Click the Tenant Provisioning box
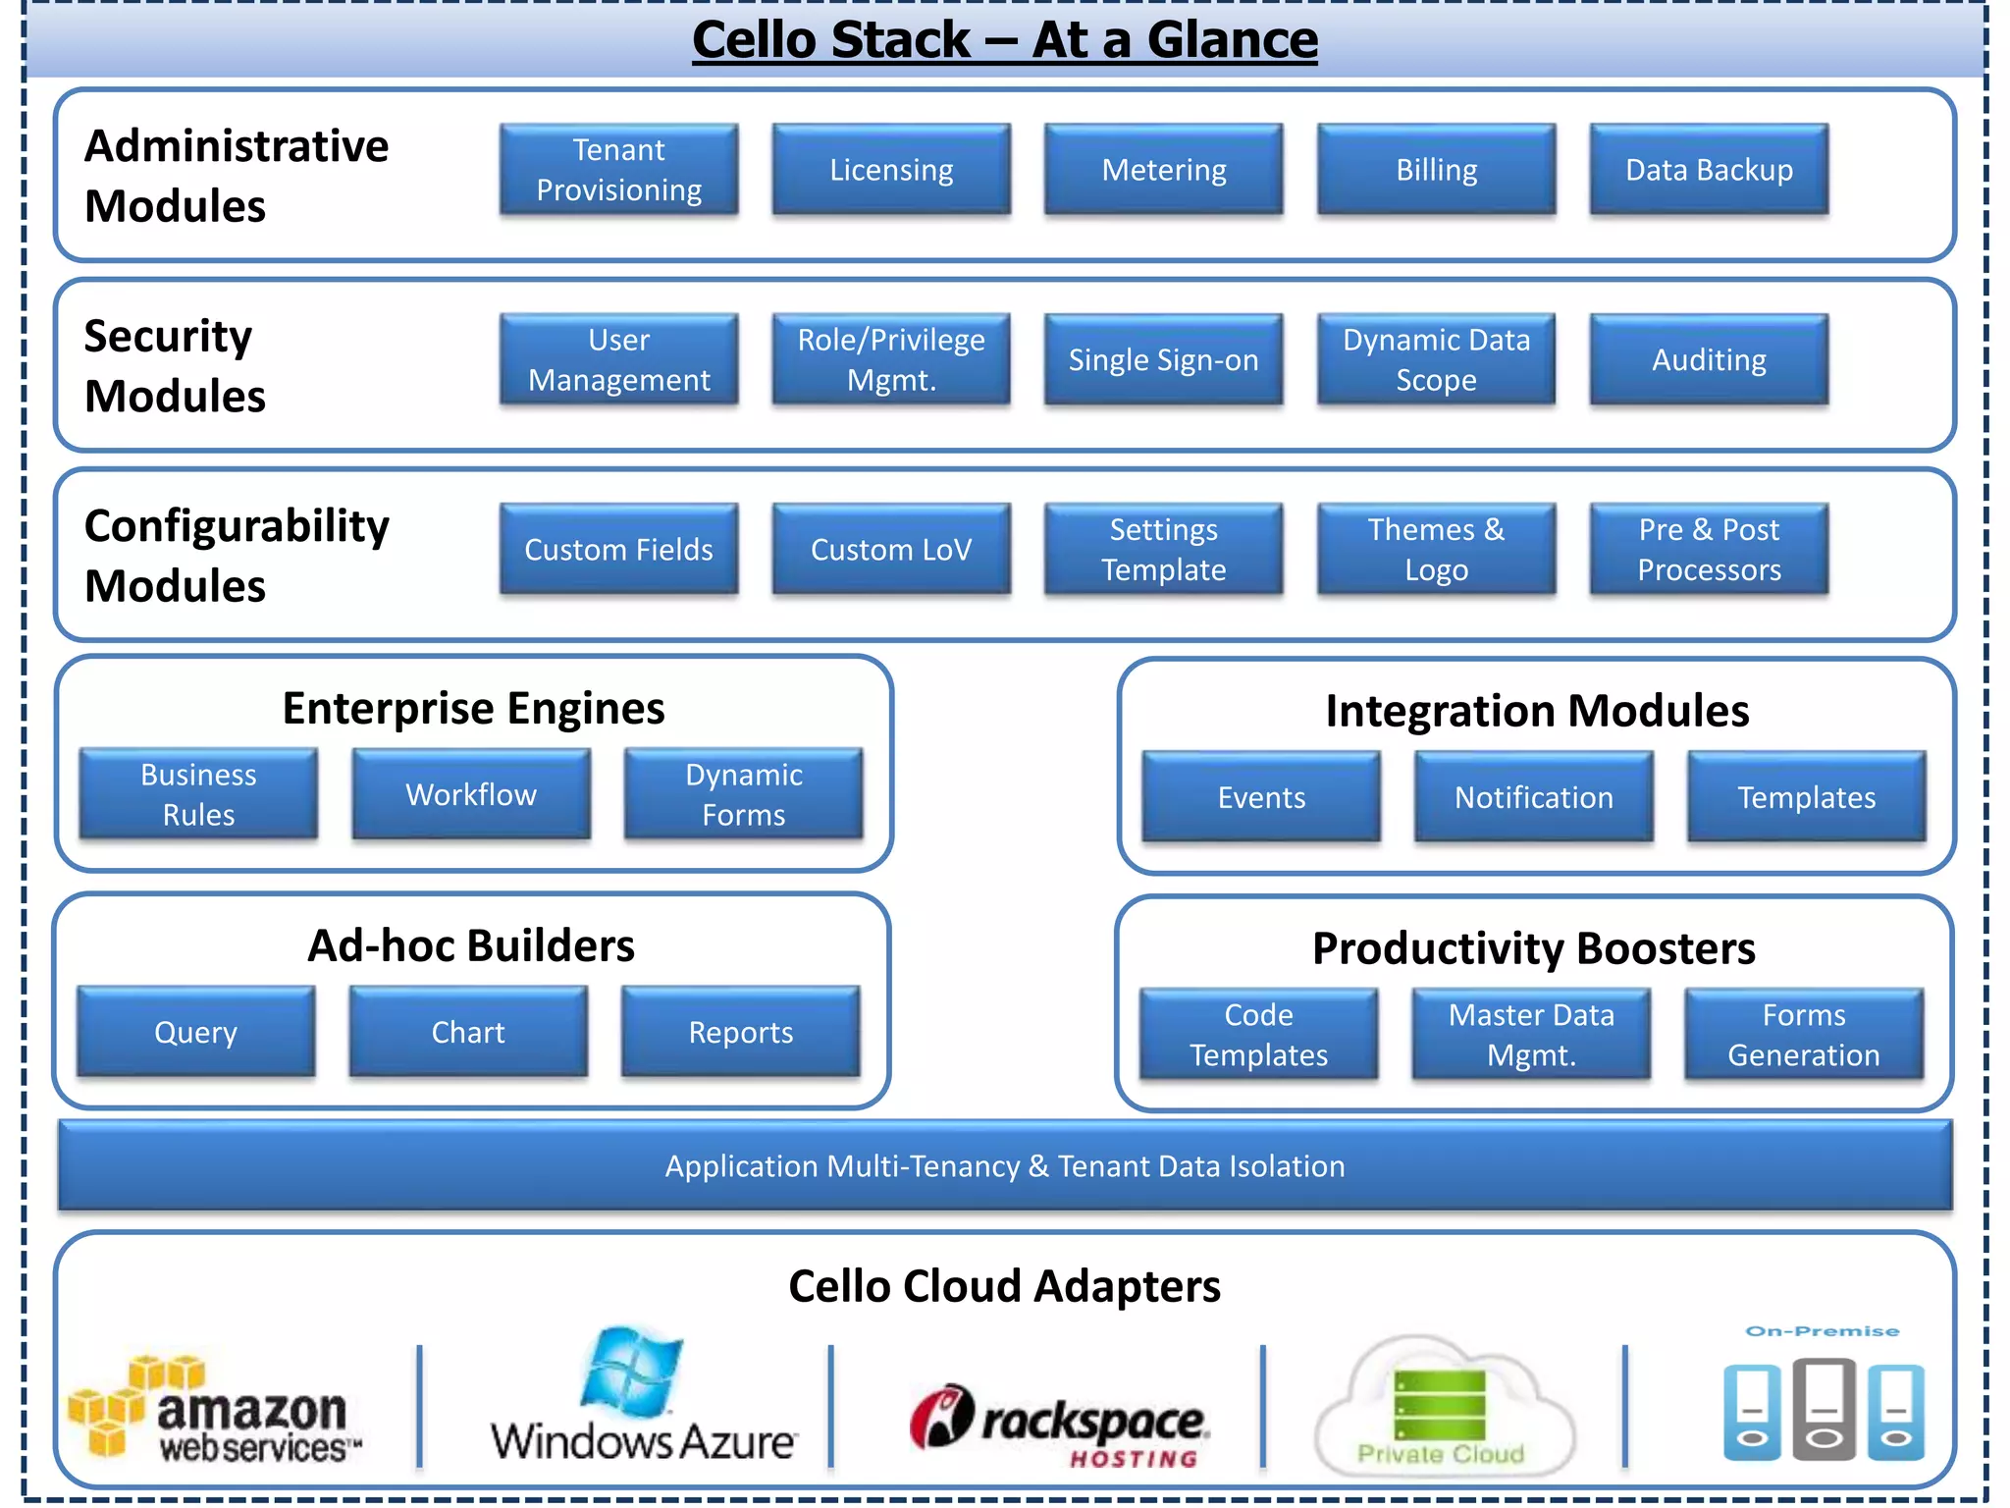618,169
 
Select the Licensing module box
891,169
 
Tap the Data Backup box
1709,169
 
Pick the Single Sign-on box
1163,359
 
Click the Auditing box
1709,359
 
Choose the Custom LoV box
891,549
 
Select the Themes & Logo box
1436,549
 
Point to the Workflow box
471,793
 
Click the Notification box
1533,796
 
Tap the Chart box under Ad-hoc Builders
468,1032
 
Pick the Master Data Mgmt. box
1531,1034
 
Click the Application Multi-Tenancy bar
1005,1165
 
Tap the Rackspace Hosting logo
1060,1424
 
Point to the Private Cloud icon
1441,1409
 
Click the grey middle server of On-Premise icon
1824,1409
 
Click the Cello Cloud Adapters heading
1004,1285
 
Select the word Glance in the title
1232,40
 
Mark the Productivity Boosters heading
1533,948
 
